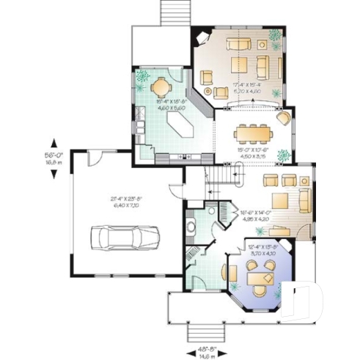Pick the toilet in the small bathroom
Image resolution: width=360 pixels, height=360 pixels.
[191, 227]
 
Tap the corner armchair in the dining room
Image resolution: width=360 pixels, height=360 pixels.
[283, 117]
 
